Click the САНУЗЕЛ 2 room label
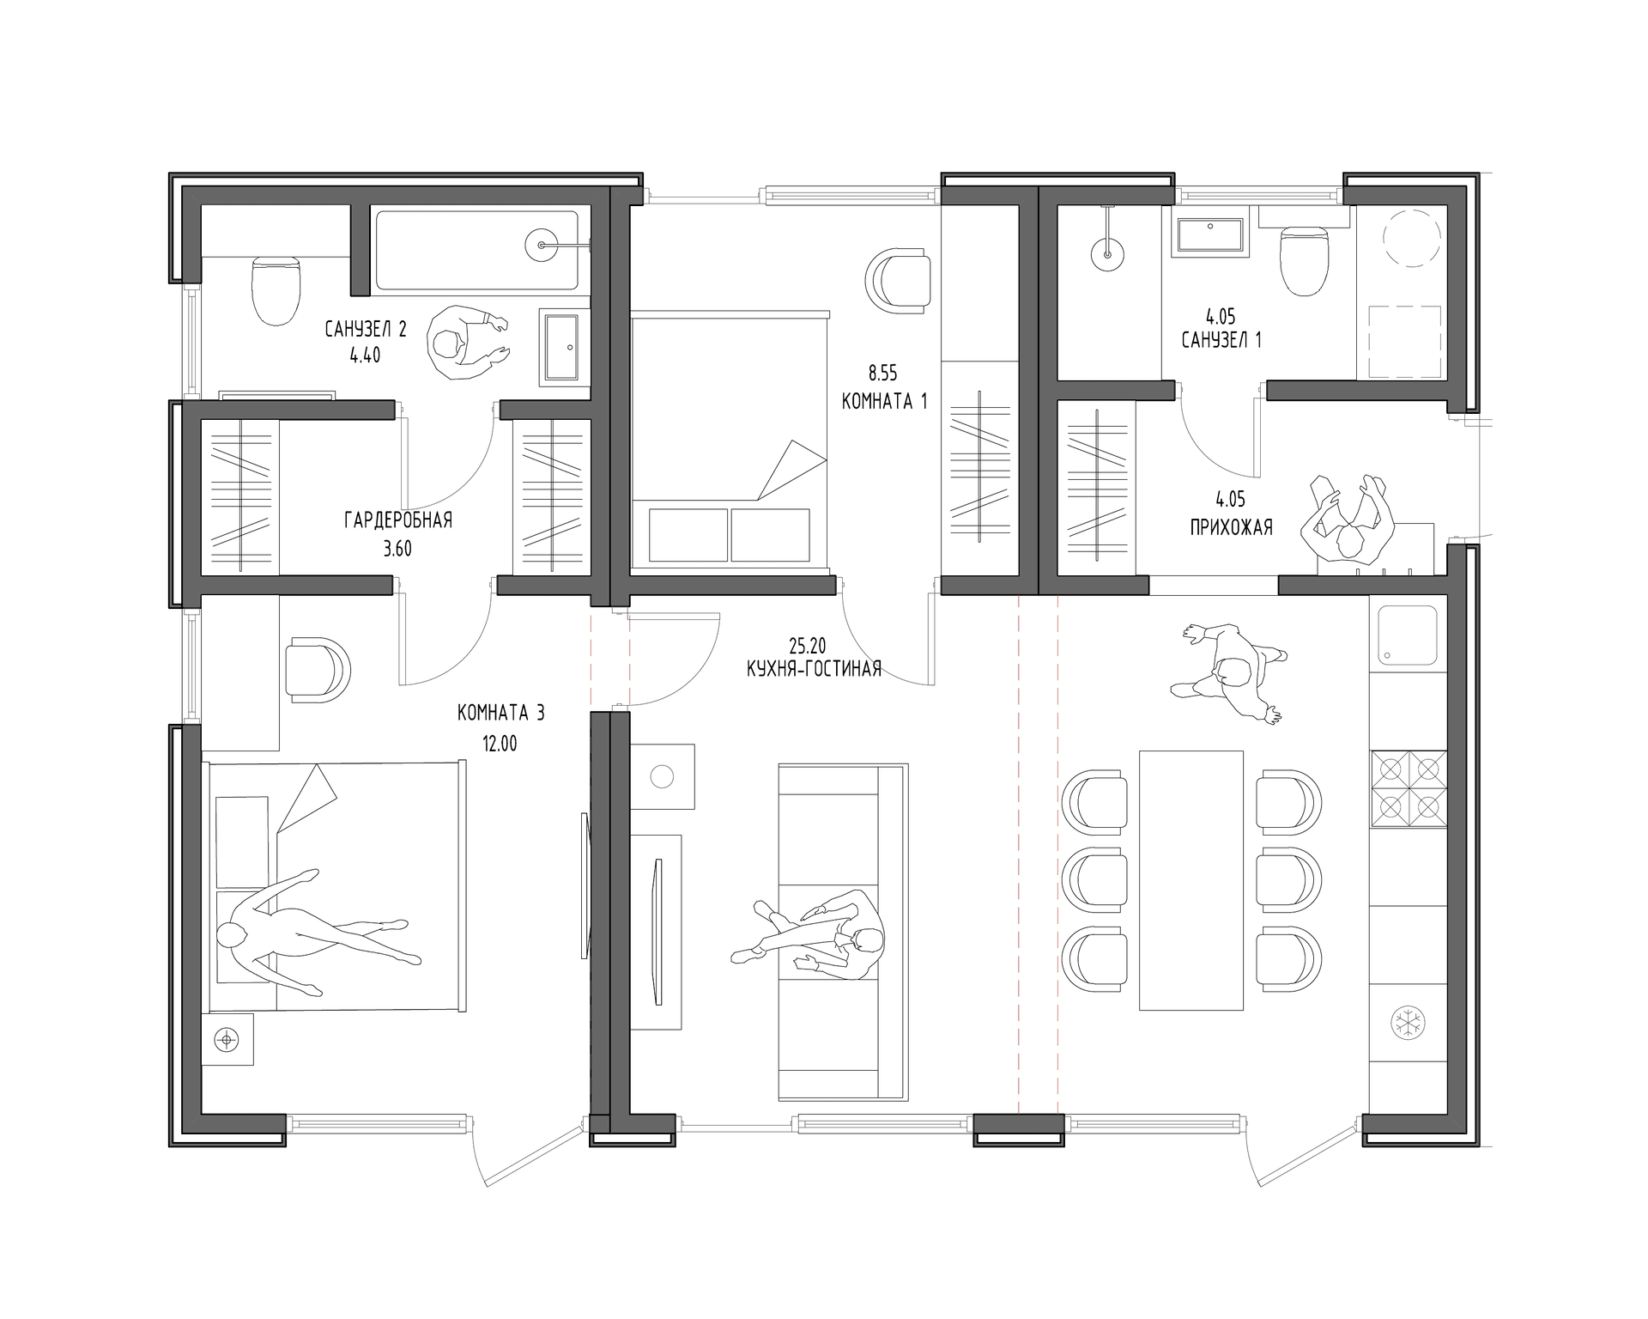click(x=366, y=329)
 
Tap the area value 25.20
click(x=808, y=643)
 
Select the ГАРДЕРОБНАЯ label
click(x=398, y=520)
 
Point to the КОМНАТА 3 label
click(x=500, y=713)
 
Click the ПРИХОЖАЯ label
click(x=1231, y=527)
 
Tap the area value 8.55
click(x=882, y=374)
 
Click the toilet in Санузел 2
click(x=276, y=289)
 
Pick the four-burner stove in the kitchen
click(x=1408, y=789)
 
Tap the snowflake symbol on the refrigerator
click(x=1408, y=1023)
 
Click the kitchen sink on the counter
click(x=1408, y=636)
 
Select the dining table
click(x=1191, y=880)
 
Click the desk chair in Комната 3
click(x=317, y=670)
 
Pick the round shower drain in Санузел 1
click(x=1108, y=254)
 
